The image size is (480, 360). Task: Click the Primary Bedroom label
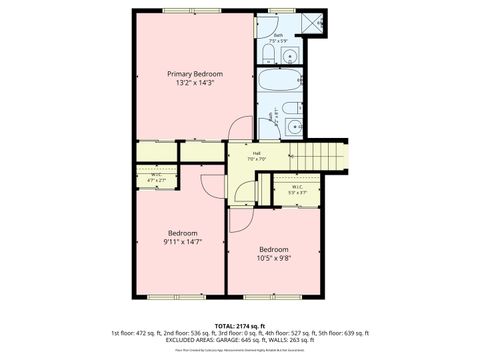tap(194, 74)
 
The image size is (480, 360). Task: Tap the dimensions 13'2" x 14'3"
tap(194, 84)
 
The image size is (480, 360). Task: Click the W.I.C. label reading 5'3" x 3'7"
tap(298, 189)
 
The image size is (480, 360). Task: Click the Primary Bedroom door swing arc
tap(238, 130)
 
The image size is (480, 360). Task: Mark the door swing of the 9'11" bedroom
tap(213, 184)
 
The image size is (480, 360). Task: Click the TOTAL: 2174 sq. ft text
tap(240, 326)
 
